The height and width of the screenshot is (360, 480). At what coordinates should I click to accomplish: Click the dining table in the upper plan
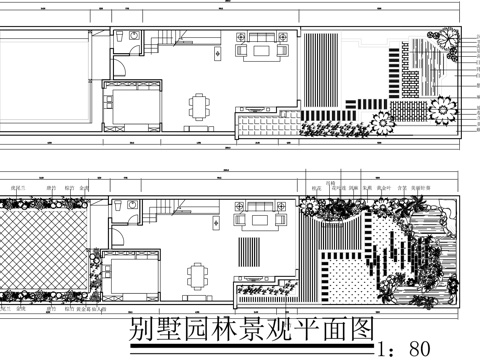click(x=202, y=106)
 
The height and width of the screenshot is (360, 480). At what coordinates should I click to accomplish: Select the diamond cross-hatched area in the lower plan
click(x=45, y=250)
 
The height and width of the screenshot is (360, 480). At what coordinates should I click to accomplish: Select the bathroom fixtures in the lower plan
click(x=124, y=207)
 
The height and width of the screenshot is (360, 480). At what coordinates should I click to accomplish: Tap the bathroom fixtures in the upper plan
click(x=124, y=38)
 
